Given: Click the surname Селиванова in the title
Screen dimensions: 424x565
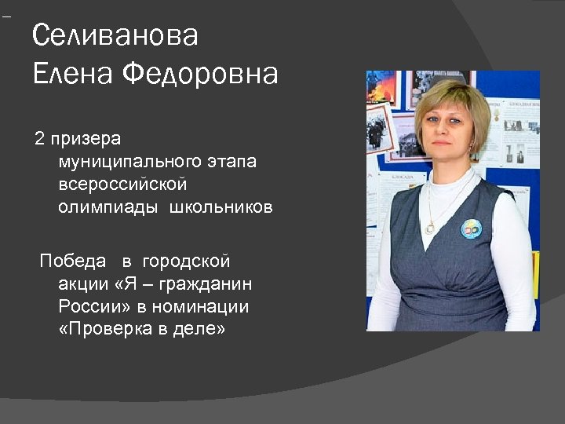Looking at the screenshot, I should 115,36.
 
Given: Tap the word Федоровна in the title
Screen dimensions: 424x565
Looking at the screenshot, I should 201,75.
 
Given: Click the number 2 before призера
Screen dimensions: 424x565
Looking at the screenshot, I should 39,140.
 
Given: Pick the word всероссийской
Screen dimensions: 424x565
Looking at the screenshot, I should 122,185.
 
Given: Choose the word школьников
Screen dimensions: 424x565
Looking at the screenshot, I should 221,208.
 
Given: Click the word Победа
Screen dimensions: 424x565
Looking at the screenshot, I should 73,261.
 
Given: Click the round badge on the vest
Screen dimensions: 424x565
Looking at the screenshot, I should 471,228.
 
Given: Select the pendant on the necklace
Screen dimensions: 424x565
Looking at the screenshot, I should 429,228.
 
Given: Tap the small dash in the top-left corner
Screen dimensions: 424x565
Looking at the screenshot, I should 6,16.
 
